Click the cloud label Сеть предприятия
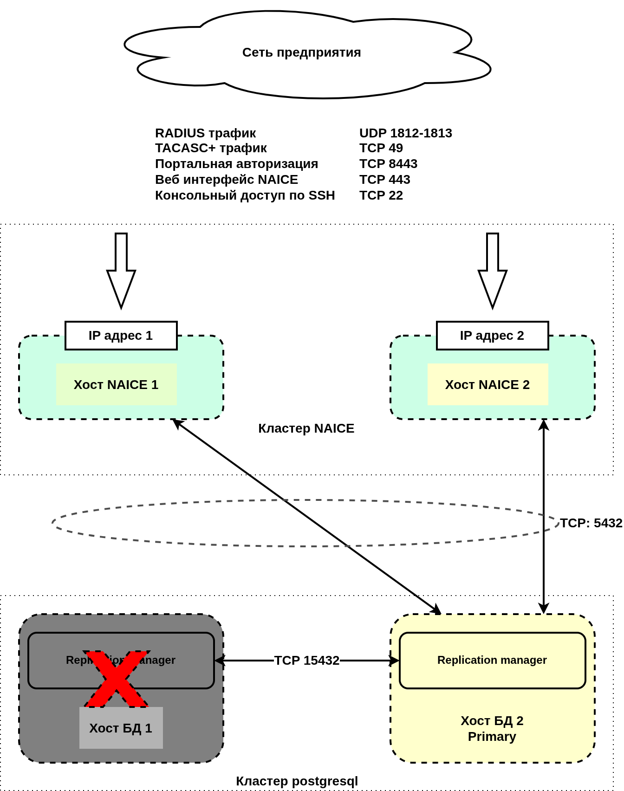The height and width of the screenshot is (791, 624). pyautogui.click(x=301, y=52)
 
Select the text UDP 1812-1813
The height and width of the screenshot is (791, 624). pyautogui.click(x=405, y=133)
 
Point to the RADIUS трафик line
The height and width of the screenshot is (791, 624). pyautogui.click(x=205, y=133)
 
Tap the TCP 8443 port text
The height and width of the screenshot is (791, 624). pyautogui.click(x=388, y=164)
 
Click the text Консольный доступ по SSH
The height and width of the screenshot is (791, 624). pyautogui.click(x=245, y=195)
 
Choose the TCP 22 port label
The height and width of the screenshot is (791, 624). pyautogui.click(x=381, y=195)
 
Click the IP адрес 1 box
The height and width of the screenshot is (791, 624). pyautogui.click(x=121, y=336)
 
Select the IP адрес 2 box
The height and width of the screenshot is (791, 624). pyautogui.click(x=492, y=336)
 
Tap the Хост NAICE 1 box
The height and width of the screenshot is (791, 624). pyautogui.click(x=116, y=385)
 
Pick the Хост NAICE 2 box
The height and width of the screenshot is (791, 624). pyautogui.click(x=487, y=385)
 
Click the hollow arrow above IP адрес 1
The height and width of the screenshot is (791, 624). pyautogui.click(x=121, y=270)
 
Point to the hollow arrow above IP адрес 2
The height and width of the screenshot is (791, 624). pyautogui.click(x=493, y=270)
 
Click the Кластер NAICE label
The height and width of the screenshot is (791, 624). pyautogui.click(x=306, y=428)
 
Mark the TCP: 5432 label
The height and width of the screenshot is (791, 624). pyautogui.click(x=591, y=523)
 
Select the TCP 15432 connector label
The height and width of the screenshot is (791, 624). pyautogui.click(x=306, y=661)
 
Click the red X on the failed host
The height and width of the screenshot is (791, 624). pyautogui.click(x=117, y=679)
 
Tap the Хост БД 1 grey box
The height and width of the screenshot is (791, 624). pyautogui.click(x=121, y=728)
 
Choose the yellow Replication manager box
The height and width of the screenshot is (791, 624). pyautogui.click(x=492, y=660)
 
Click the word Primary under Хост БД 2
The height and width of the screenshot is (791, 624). pyautogui.click(x=492, y=737)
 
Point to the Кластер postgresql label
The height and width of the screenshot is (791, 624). pyautogui.click(x=297, y=781)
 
